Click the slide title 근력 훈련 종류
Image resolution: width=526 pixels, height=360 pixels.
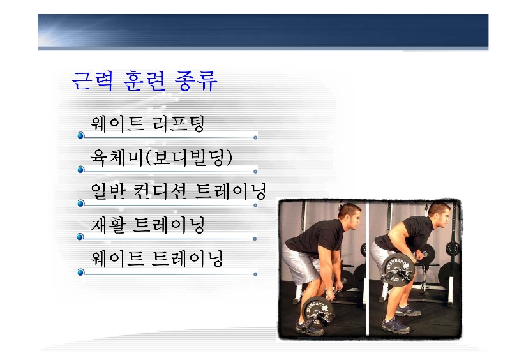144,81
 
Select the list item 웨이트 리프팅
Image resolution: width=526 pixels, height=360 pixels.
147,123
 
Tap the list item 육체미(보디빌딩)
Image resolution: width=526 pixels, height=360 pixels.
162,158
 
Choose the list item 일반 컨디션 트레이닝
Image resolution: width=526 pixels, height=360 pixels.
178,191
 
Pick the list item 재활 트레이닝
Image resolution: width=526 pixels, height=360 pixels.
147,225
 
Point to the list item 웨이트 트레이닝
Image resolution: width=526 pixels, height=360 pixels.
156,259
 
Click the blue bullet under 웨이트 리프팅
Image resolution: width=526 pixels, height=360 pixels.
80,135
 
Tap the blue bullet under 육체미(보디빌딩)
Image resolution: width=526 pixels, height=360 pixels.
80,170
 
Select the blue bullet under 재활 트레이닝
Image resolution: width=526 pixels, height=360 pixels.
80,237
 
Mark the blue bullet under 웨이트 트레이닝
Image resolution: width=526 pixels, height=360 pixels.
80,273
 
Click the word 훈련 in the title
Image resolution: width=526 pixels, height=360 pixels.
144,81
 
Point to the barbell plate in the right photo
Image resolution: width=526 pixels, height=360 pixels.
398,269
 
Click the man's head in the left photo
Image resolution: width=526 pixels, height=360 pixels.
350,215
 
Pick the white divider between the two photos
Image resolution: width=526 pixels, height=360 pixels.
367,269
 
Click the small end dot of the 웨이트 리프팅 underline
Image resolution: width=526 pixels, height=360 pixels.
255,138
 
